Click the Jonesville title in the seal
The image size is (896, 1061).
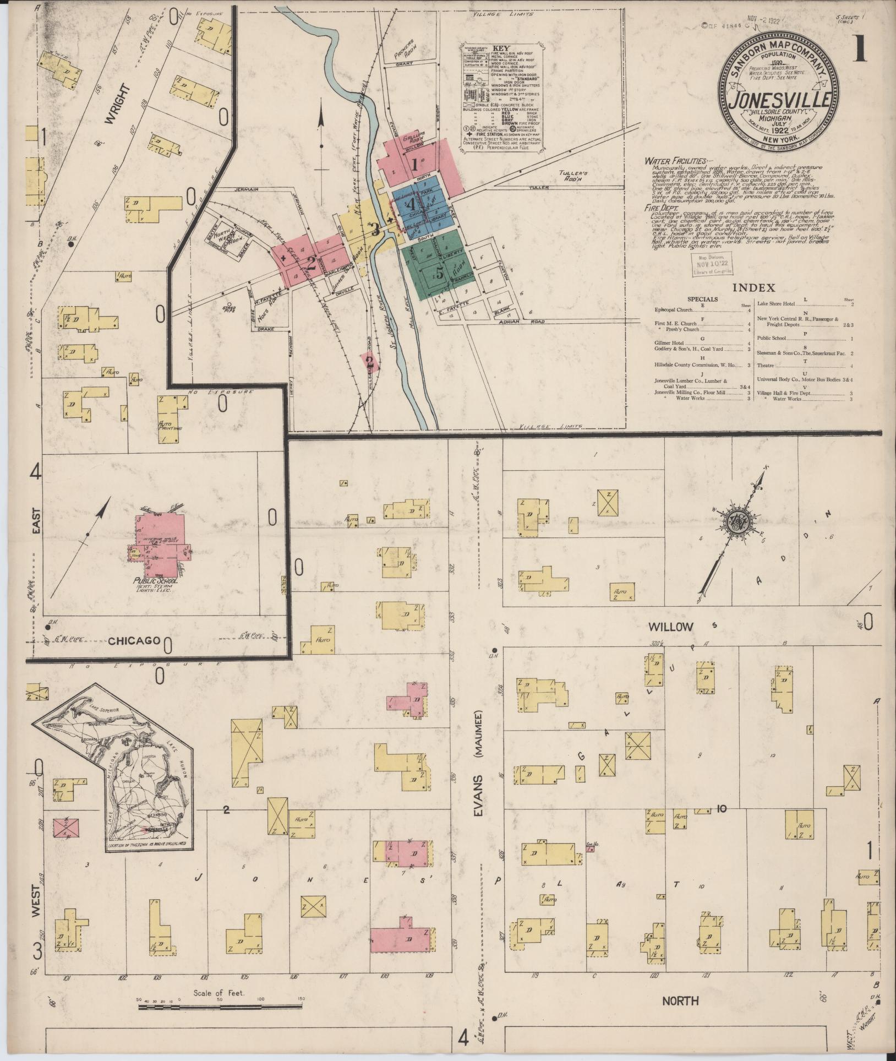780,101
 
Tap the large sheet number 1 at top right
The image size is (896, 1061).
860,50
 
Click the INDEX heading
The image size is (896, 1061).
753,287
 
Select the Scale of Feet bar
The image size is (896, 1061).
220,1006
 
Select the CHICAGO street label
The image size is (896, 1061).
134,640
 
